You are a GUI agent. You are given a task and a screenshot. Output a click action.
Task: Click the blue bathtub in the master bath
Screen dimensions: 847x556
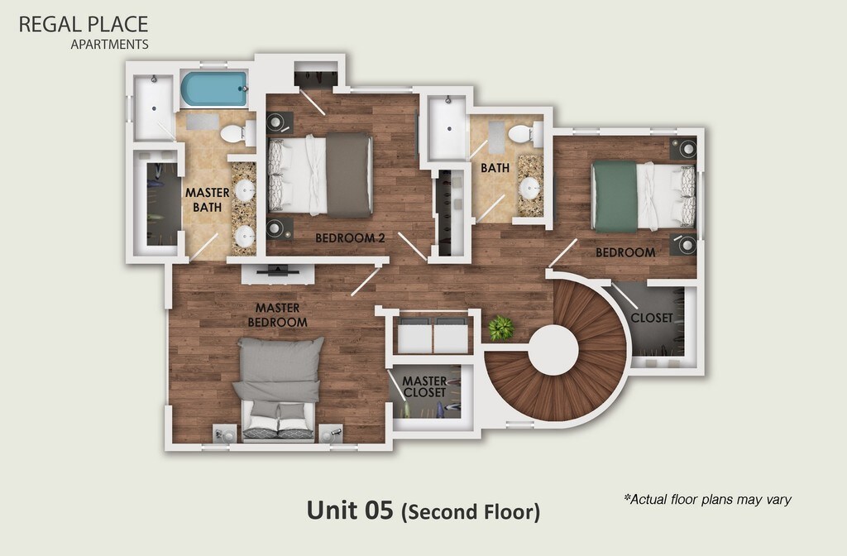tap(214, 89)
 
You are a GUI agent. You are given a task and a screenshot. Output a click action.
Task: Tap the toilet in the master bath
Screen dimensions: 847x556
tap(237, 133)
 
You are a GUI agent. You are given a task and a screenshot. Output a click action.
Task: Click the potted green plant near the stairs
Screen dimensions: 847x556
tap(501, 328)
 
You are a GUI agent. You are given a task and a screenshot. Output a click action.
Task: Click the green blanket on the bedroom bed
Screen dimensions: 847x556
tap(615, 197)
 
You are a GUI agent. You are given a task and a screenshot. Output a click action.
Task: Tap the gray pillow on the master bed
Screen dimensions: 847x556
tap(281, 359)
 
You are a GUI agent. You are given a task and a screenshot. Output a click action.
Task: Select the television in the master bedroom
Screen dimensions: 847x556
tap(278, 271)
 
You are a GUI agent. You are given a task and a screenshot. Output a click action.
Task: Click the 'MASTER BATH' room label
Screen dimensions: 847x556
tap(208, 200)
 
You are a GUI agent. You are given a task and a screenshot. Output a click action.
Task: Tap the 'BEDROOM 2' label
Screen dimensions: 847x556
tap(350, 237)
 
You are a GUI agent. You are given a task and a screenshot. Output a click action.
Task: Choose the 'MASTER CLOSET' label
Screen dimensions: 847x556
tap(424, 387)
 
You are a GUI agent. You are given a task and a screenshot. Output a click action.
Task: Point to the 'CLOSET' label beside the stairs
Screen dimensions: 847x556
tap(652, 318)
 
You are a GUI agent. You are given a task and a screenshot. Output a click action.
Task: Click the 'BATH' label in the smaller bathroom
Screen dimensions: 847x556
tap(495, 168)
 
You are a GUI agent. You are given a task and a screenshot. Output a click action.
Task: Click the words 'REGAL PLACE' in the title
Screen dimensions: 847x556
tap(84, 24)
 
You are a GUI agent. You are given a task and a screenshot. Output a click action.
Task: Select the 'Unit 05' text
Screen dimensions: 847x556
tap(350, 510)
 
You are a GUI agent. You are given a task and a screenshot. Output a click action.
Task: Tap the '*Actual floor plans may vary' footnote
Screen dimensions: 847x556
tap(708, 499)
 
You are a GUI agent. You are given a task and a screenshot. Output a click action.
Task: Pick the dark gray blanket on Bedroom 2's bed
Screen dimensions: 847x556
tap(349, 175)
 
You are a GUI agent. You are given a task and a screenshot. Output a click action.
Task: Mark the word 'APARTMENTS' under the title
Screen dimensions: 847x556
tap(110, 45)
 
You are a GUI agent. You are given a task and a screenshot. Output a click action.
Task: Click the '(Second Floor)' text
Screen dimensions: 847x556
tap(471, 511)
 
